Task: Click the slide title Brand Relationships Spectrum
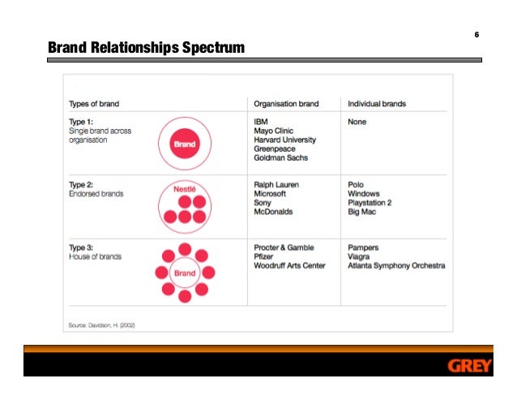click(x=146, y=48)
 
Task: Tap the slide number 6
click(x=476, y=35)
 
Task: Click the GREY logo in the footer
click(x=469, y=366)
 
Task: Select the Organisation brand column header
click(x=286, y=104)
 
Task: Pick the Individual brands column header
click(x=377, y=104)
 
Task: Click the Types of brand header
click(x=94, y=104)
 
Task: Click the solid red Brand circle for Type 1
click(x=185, y=145)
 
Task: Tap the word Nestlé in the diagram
click(x=186, y=188)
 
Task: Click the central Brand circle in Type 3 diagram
click(x=185, y=273)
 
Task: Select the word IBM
click(x=261, y=122)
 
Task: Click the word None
click(x=357, y=122)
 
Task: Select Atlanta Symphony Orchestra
click(x=396, y=265)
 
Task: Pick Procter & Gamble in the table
click(x=284, y=247)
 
